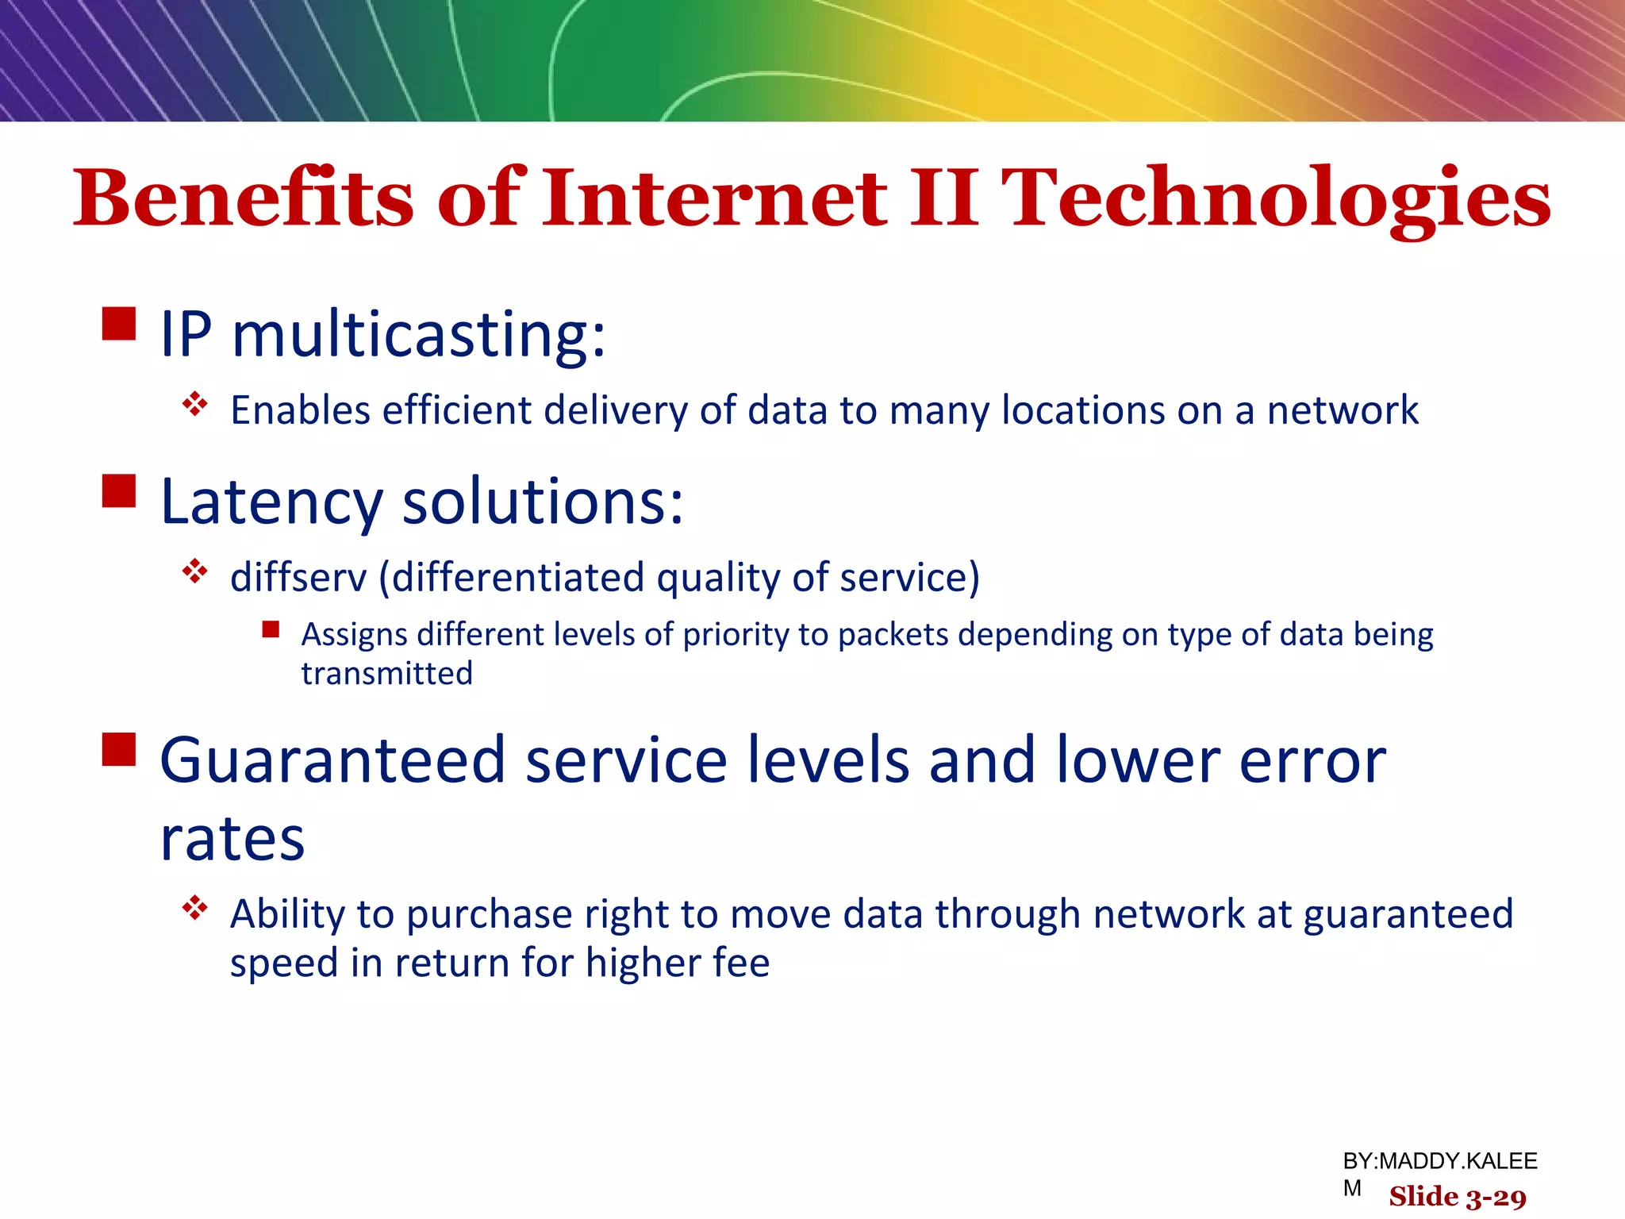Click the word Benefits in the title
pyautogui.click(x=242, y=198)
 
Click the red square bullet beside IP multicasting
pyautogui.click(x=119, y=324)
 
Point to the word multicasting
pyautogui.click(x=419, y=335)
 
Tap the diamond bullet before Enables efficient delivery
pyautogui.click(x=194, y=404)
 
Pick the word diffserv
pyautogui.click(x=298, y=577)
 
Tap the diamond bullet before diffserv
pyautogui.click(x=194, y=571)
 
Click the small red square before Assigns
pyautogui.click(x=271, y=630)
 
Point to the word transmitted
pyautogui.click(x=386, y=674)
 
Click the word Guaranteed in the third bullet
pyautogui.click(x=332, y=760)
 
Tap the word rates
pyautogui.click(x=232, y=840)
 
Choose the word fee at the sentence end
pyautogui.click(x=741, y=963)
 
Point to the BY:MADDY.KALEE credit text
pyautogui.click(x=1439, y=1161)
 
